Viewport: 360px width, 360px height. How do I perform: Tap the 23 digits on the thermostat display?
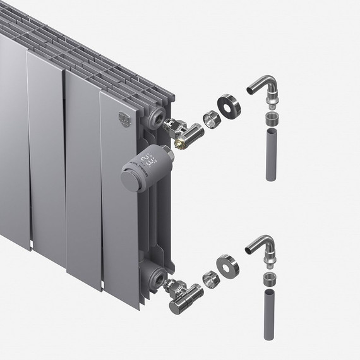(147, 158)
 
